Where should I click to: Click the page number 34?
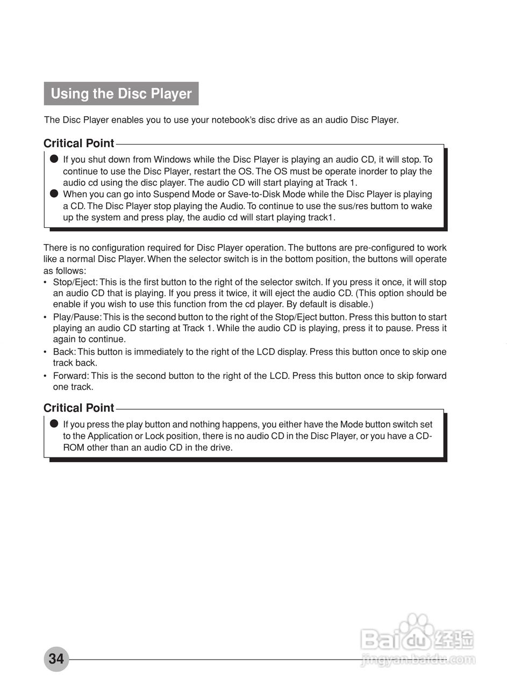56,658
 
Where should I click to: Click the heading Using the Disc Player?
121,94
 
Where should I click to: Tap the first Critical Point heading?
78,144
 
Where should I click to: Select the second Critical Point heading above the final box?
78,408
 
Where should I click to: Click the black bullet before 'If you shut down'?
53,159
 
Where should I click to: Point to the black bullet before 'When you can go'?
53,194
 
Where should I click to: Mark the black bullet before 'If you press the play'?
53,424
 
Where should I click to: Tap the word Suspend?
172,195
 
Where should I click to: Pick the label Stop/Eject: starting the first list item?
75,282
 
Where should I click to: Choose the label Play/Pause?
76,317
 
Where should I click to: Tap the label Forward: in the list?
71,376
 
